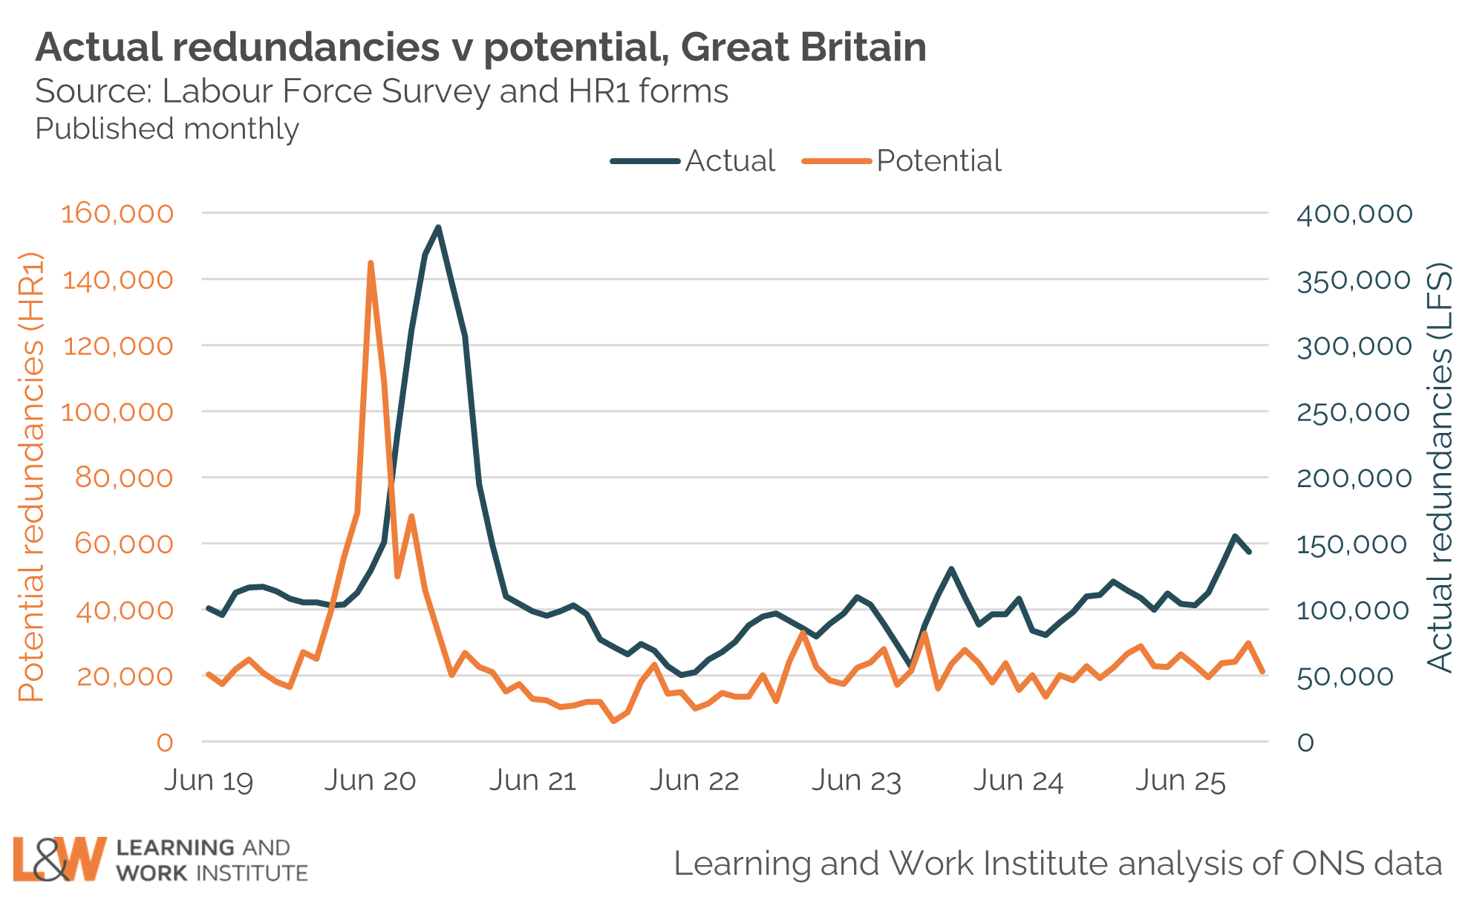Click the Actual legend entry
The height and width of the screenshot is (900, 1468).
pos(729,160)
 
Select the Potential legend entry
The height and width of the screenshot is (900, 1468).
pos(939,160)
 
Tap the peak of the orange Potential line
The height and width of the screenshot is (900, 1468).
pos(371,263)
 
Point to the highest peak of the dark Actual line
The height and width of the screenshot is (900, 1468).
pos(438,227)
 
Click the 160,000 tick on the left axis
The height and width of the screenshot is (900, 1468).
pos(117,214)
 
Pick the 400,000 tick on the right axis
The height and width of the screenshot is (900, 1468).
pos(1354,214)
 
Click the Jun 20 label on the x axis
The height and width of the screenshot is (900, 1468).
pos(370,780)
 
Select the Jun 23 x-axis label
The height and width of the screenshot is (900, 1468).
pos(856,780)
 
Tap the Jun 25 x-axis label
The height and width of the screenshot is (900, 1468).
pos(1180,780)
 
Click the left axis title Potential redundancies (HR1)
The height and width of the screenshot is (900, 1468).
pos(31,477)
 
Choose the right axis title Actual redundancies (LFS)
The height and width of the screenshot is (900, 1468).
pos(1440,468)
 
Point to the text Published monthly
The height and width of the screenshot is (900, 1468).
pos(167,128)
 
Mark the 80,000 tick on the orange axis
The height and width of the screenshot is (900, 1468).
pos(123,477)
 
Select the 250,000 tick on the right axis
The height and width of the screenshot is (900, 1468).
pos(1354,411)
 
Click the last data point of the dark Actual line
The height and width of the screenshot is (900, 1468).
pos(1250,552)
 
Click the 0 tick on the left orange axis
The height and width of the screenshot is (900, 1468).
pos(164,742)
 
